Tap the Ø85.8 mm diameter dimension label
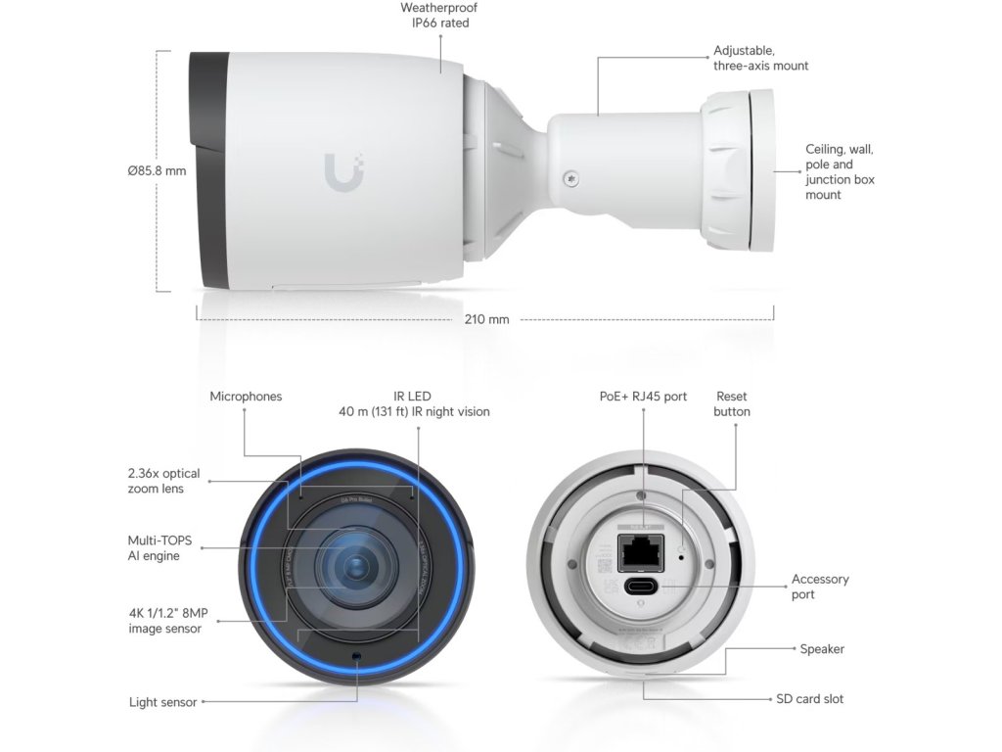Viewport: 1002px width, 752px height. pos(157,170)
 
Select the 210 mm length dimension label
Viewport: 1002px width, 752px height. pos(486,319)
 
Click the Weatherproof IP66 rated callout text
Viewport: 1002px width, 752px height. pos(439,15)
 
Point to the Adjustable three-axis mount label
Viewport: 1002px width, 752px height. pos(760,58)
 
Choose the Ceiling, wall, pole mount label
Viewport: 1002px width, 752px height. pos(840,172)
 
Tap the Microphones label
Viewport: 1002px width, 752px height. pos(246,397)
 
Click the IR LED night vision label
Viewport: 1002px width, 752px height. pos(414,404)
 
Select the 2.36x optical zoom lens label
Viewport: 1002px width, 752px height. pos(163,481)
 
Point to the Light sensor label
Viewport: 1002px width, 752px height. pos(163,702)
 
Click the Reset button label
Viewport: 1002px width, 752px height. pos(732,404)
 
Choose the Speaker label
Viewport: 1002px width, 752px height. pos(822,649)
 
